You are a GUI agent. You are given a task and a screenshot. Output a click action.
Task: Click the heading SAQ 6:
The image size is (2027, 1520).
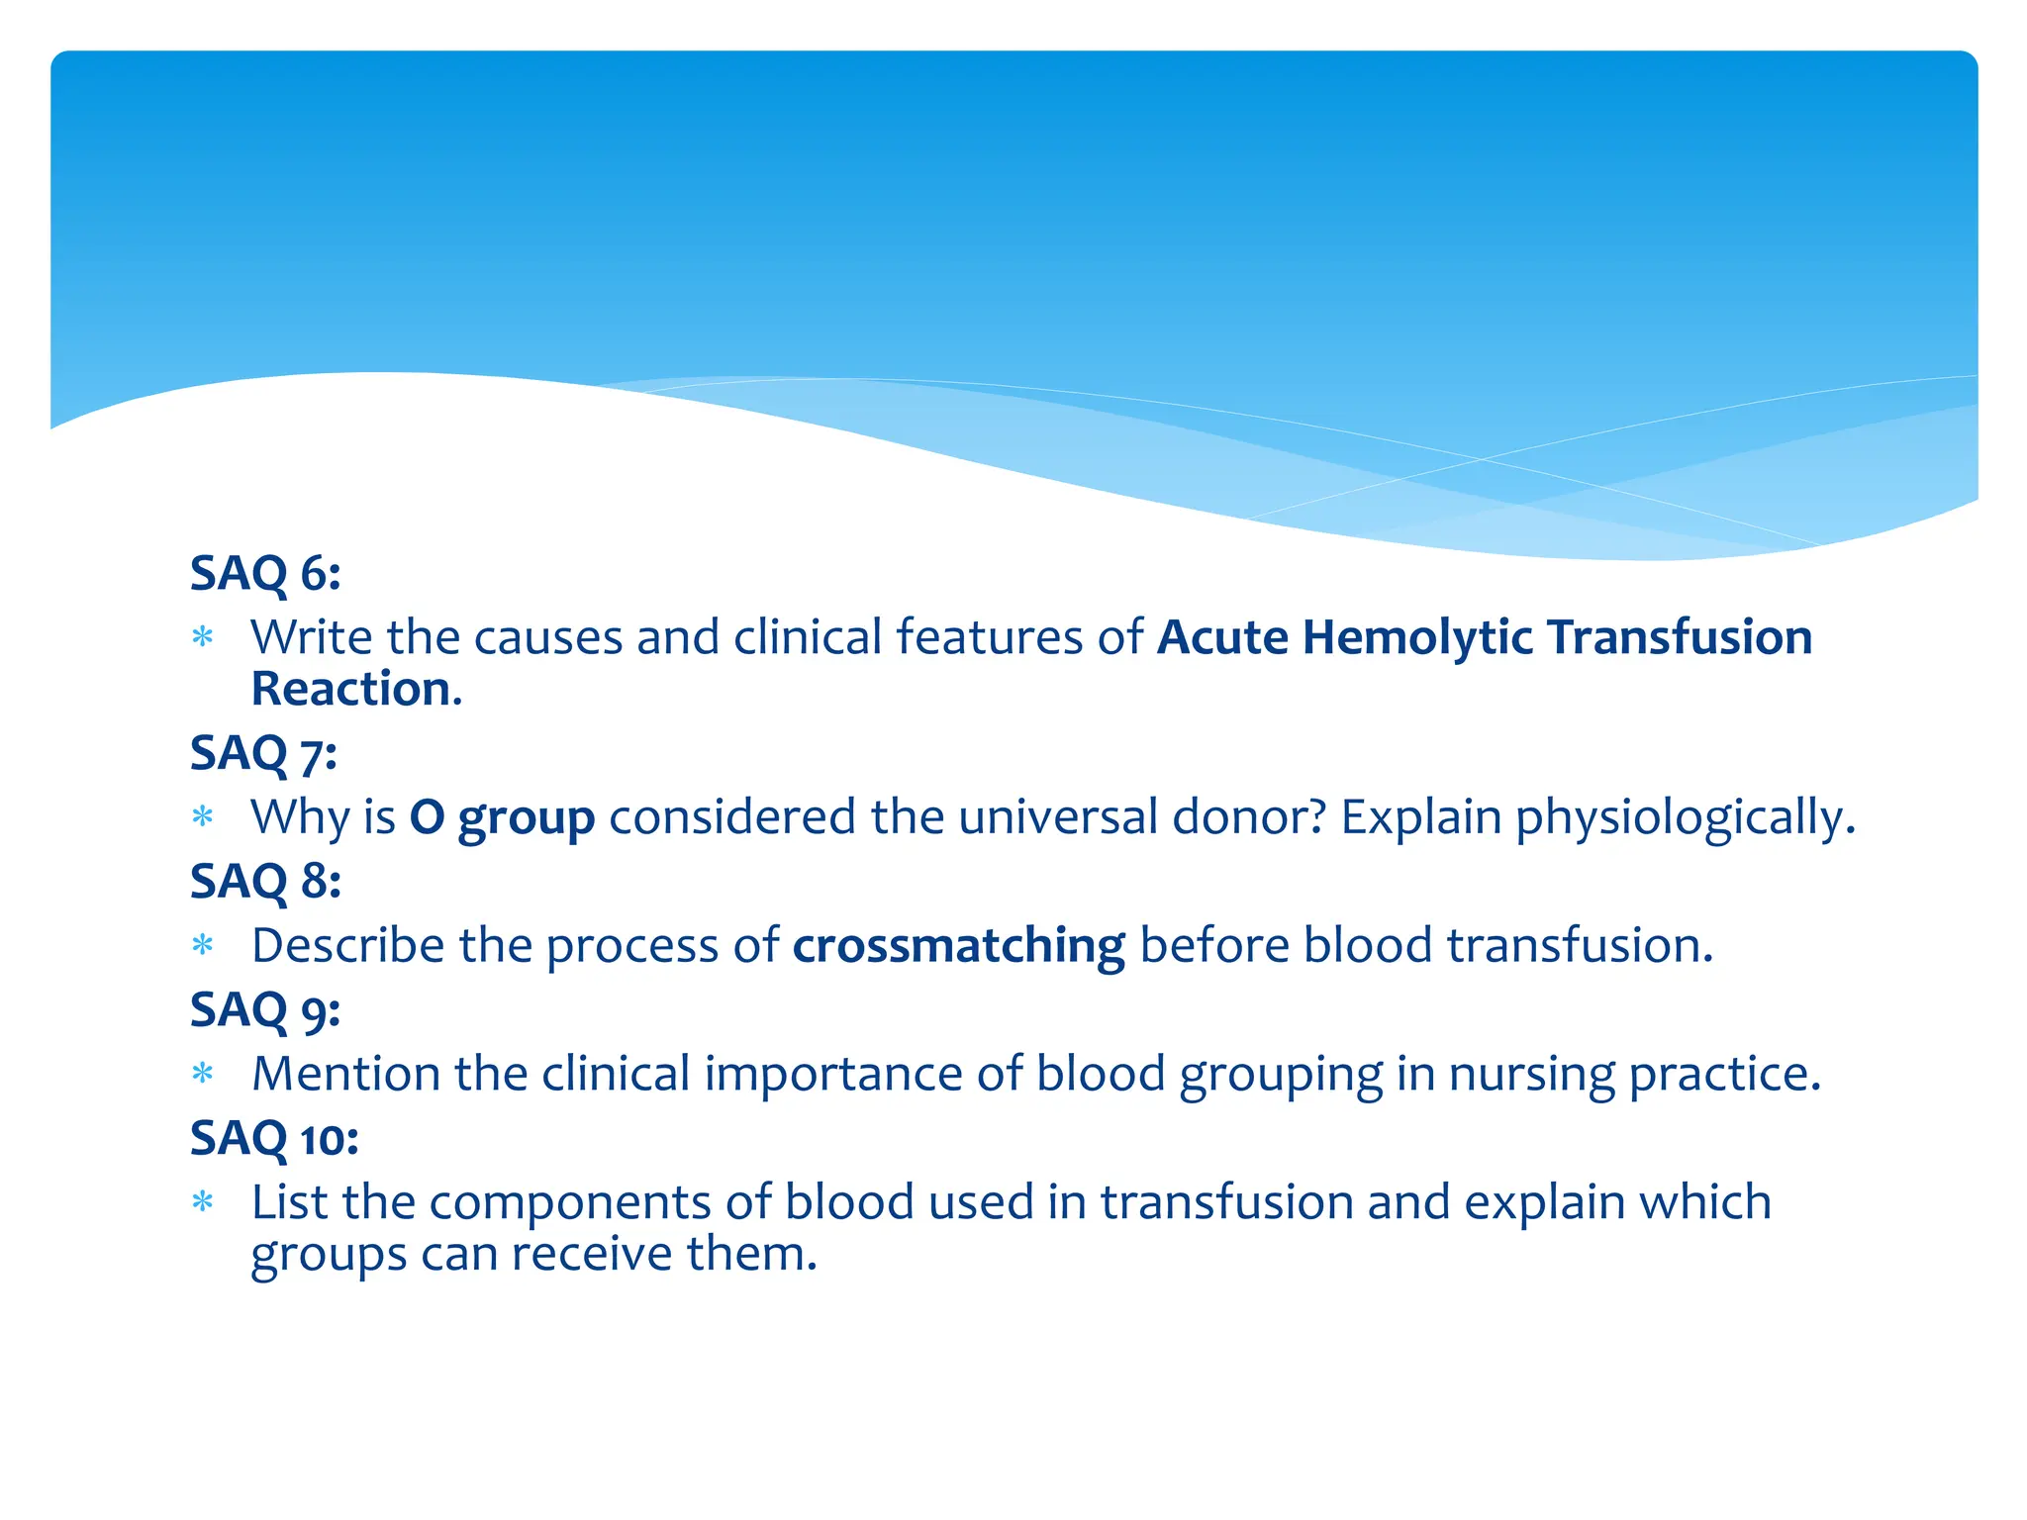tap(265, 573)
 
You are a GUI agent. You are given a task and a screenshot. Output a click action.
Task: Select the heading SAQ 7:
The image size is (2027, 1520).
tap(263, 753)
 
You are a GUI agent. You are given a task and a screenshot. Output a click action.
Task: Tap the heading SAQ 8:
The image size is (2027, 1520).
tap(265, 881)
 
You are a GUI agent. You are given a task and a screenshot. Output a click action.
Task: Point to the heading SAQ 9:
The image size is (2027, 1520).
tap(265, 1009)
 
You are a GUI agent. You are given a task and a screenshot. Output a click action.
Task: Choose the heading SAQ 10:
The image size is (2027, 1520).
tap(274, 1138)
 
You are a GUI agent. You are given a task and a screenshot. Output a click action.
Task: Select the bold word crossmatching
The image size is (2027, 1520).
tap(958, 946)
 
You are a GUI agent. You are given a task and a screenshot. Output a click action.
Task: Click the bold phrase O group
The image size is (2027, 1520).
tap(502, 818)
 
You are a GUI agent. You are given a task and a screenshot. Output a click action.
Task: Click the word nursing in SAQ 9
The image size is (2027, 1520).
tap(1531, 1074)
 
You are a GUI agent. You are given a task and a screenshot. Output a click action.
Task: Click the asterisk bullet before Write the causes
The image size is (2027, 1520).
tap(203, 637)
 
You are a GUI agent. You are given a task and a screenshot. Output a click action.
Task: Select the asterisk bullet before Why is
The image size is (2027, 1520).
tap(203, 817)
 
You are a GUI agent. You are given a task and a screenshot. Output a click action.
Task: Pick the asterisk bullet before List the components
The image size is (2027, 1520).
tap(203, 1202)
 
